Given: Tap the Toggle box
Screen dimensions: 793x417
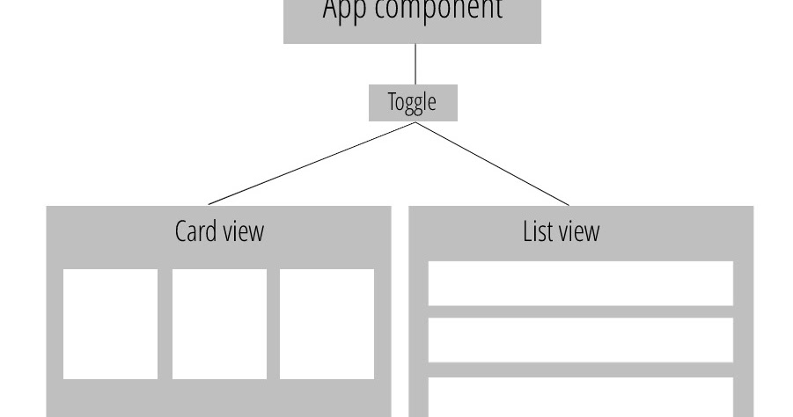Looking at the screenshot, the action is click(x=413, y=102).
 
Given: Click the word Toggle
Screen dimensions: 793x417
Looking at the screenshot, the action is click(x=413, y=103).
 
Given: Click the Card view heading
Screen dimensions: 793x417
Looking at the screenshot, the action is click(x=219, y=231).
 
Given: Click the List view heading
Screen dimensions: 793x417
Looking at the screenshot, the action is click(x=561, y=231).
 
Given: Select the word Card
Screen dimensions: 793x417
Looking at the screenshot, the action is click(x=195, y=231).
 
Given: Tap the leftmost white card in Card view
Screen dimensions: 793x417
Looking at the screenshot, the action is click(x=110, y=324).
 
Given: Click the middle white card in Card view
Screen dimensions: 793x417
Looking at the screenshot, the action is click(x=219, y=324).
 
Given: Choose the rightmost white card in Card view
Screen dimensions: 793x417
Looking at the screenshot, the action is click(x=327, y=324).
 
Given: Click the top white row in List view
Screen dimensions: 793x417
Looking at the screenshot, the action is click(x=580, y=283).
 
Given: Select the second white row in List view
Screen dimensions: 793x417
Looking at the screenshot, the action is click(x=580, y=340).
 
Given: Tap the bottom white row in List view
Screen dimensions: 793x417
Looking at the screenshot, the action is click(x=580, y=397).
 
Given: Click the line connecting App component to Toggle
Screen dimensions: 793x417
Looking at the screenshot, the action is click(x=415, y=64).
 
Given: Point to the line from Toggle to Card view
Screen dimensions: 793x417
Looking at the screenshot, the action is click(x=312, y=164).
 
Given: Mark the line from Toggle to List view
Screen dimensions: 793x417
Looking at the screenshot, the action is click(x=493, y=164).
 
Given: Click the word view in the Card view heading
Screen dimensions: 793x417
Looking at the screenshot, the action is click(x=243, y=231).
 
